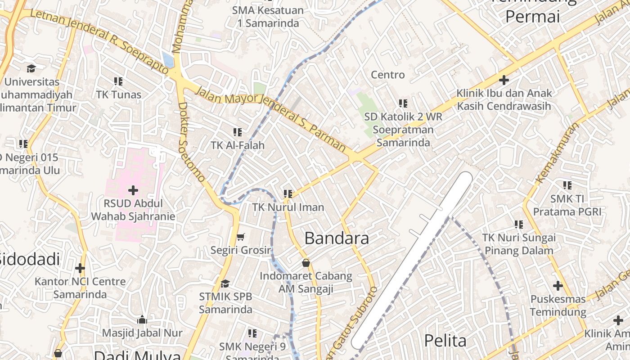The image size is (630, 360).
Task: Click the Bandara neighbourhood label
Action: (x=337, y=238)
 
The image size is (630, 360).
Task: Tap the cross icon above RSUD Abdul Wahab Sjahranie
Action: (x=133, y=190)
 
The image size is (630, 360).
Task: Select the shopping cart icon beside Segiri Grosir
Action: (x=241, y=237)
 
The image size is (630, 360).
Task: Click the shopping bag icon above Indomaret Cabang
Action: (x=306, y=263)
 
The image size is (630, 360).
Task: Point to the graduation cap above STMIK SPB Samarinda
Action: (x=225, y=283)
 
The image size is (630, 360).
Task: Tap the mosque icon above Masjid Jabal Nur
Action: (x=142, y=320)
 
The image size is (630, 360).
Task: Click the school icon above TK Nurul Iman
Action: (x=288, y=194)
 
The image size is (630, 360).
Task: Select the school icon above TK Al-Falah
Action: (x=238, y=132)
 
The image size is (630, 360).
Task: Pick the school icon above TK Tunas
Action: (x=118, y=81)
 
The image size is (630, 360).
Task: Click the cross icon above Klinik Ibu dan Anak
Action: (x=504, y=81)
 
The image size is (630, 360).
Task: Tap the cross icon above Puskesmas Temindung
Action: (x=558, y=286)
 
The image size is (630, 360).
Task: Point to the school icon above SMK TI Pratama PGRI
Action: (x=567, y=185)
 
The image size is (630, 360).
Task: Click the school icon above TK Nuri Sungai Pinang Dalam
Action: (x=519, y=224)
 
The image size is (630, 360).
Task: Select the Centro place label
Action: (x=388, y=75)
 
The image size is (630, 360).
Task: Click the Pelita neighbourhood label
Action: (x=445, y=341)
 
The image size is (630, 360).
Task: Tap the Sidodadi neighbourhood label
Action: (x=30, y=259)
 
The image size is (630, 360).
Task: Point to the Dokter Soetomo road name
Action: (x=191, y=142)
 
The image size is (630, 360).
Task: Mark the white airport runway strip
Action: (x=412, y=261)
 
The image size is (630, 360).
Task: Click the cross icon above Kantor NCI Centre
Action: (x=80, y=269)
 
